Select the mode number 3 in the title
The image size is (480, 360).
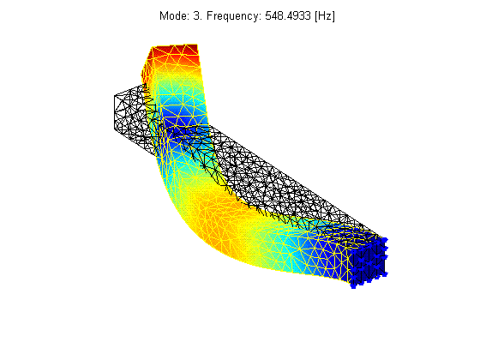[x=196, y=15]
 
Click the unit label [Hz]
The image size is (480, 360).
[x=325, y=16]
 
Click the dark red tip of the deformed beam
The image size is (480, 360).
[x=175, y=52]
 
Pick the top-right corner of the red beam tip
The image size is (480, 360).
[x=197, y=45]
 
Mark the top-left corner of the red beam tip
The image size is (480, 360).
[x=153, y=47]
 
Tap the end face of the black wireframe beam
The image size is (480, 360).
[x=129, y=113]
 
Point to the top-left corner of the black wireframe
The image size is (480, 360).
[x=115, y=95]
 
